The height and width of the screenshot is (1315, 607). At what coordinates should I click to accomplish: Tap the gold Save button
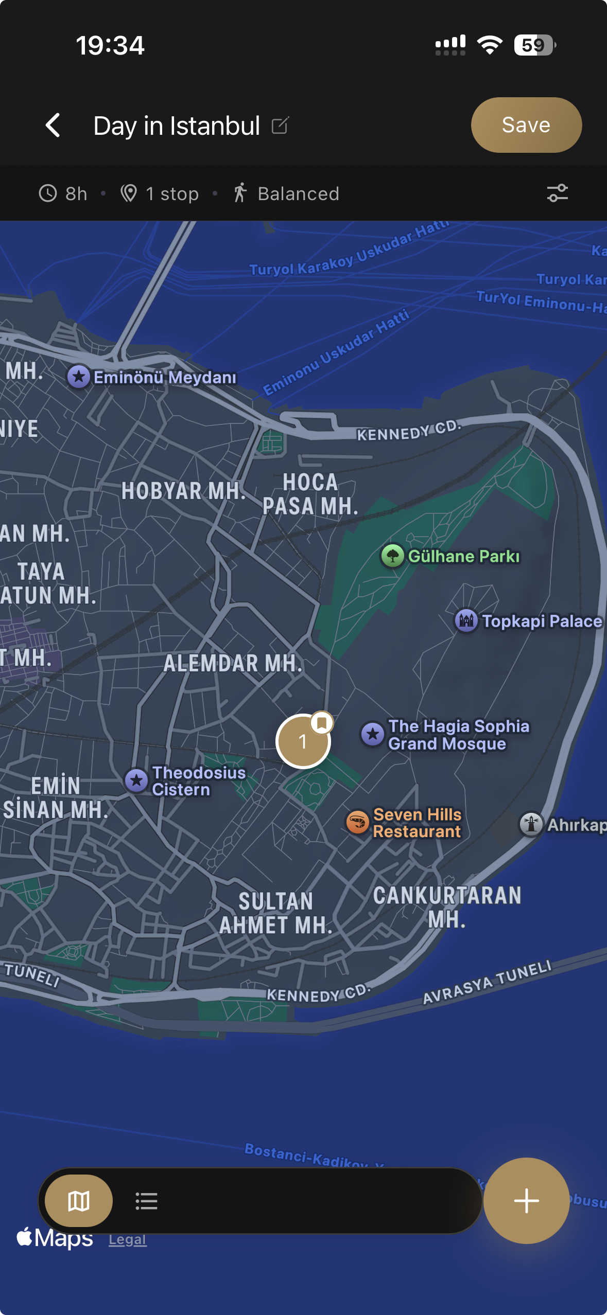pyautogui.click(x=526, y=125)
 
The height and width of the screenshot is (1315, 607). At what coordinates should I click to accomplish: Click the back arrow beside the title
pyautogui.click(x=53, y=125)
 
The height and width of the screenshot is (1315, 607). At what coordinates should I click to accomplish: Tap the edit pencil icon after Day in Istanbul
pyautogui.click(x=280, y=125)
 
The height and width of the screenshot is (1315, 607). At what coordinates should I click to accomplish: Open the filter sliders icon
pyautogui.click(x=557, y=193)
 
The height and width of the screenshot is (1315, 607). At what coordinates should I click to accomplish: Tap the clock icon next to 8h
pyautogui.click(x=48, y=193)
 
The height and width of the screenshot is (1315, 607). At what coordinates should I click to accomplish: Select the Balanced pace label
pyautogui.click(x=298, y=194)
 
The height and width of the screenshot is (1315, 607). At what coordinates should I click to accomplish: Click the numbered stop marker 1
pyautogui.click(x=303, y=741)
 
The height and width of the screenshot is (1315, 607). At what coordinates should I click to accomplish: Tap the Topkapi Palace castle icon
pyautogui.click(x=466, y=621)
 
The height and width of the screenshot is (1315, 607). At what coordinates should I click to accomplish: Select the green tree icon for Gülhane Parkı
pyautogui.click(x=393, y=556)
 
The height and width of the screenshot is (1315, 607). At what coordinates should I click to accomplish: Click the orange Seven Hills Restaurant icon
pyautogui.click(x=357, y=822)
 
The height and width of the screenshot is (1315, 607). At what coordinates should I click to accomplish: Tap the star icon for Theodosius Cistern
pyautogui.click(x=136, y=781)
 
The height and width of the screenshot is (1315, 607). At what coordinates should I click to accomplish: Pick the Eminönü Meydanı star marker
pyautogui.click(x=79, y=377)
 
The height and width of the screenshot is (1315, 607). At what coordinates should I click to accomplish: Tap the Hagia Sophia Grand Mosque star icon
pyautogui.click(x=373, y=734)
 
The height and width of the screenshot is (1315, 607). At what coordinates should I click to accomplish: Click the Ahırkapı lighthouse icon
pyautogui.click(x=531, y=824)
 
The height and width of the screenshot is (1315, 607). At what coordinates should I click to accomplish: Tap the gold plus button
pyautogui.click(x=526, y=1201)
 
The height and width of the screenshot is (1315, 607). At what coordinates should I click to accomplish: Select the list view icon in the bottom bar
pyautogui.click(x=146, y=1201)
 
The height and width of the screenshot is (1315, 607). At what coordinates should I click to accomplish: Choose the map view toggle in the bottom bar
pyautogui.click(x=79, y=1201)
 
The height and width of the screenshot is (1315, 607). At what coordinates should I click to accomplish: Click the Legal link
pyautogui.click(x=127, y=1240)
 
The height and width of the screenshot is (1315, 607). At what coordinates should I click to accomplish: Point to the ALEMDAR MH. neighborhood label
pyautogui.click(x=233, y=663)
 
